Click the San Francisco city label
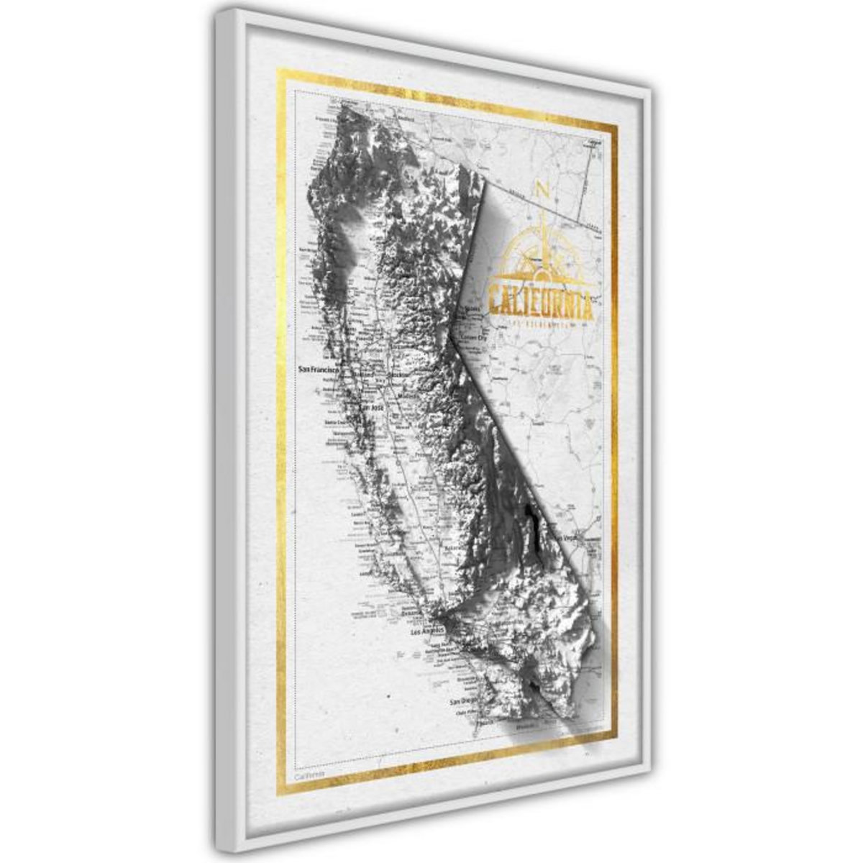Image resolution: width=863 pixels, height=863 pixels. pos(316,370)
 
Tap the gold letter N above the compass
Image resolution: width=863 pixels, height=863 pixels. pos(543,191)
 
